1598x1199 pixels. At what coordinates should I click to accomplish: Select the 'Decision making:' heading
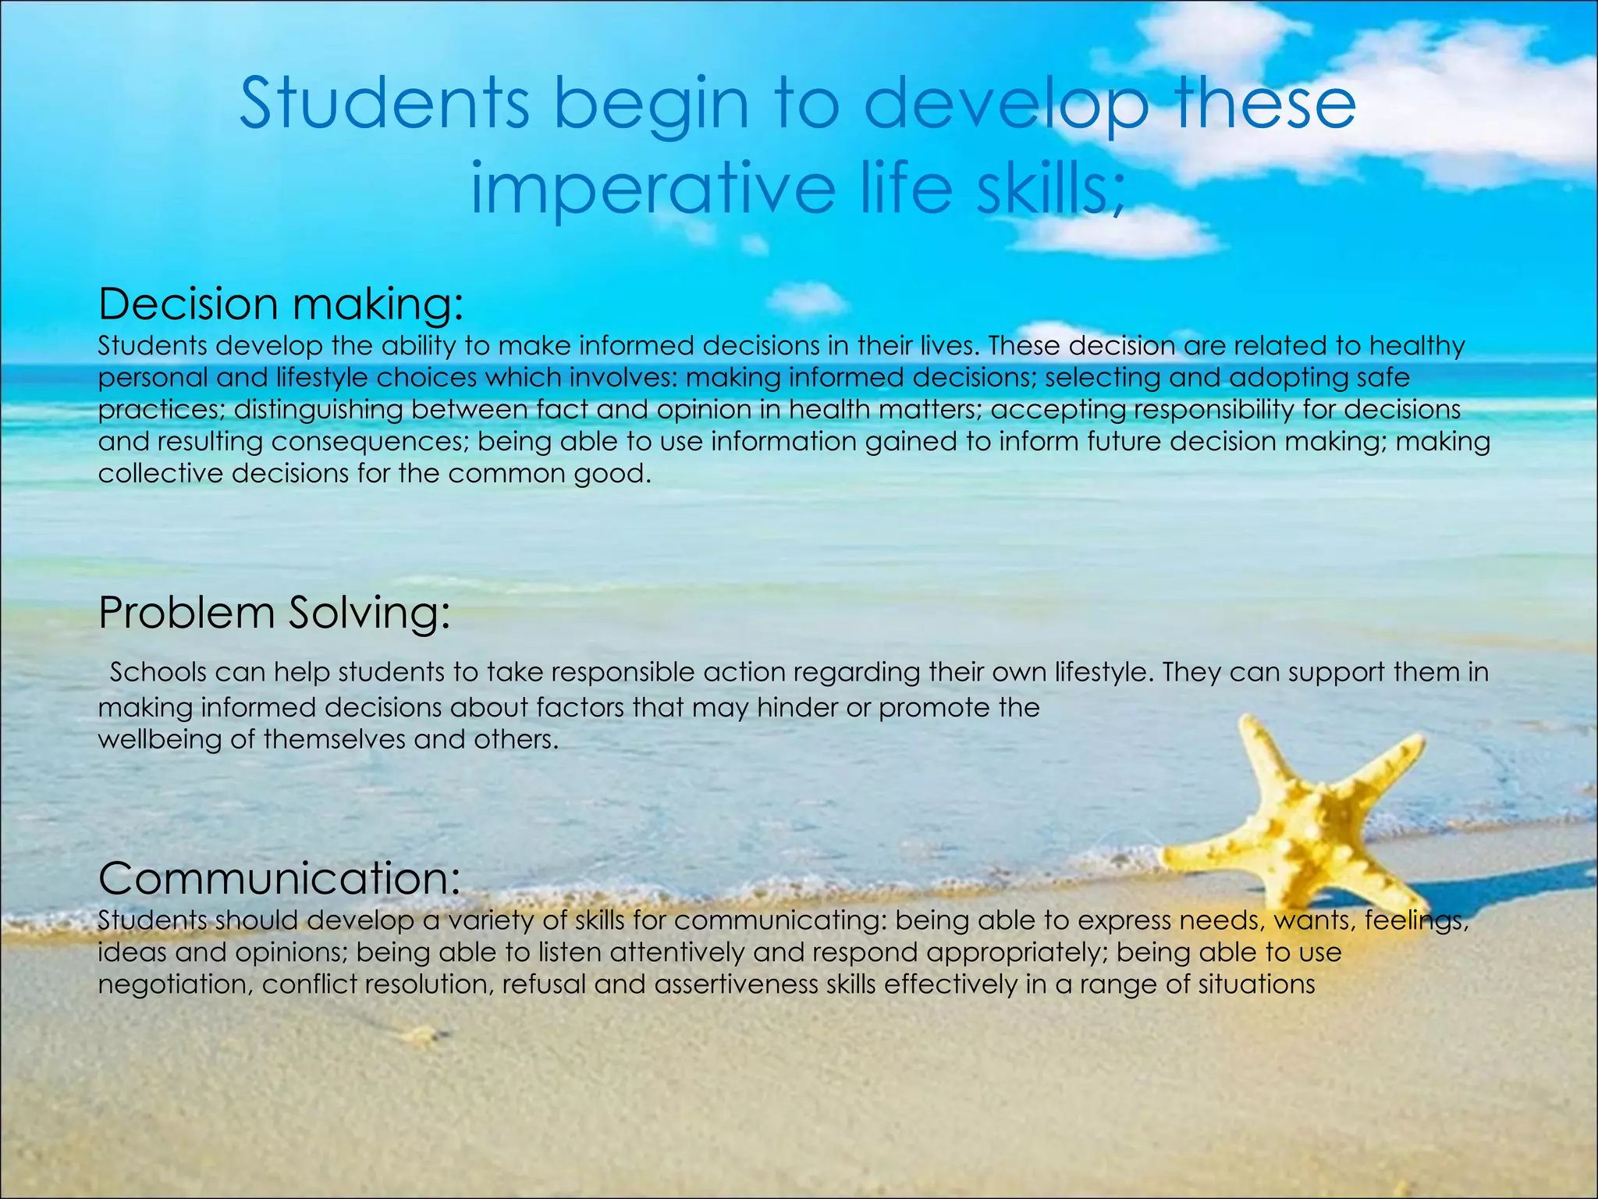point(281,304)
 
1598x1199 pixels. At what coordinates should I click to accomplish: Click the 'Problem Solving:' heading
point(275,613)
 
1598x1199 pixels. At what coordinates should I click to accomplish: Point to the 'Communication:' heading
point(279,878)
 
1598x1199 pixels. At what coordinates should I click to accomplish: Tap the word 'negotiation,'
point(176,984)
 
